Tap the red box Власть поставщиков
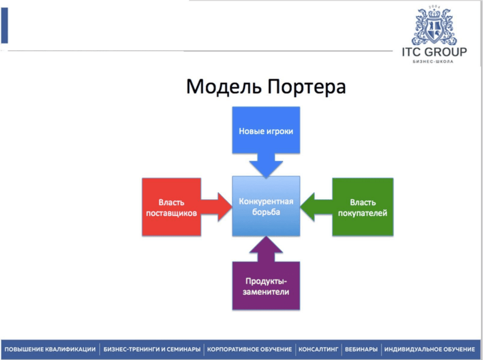(x=171, y=207)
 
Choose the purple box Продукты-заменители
(x=266, y=286)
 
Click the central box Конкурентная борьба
(x=266, y=206)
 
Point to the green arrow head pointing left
(x=310, y=206)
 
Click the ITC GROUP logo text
(x=434, y=53)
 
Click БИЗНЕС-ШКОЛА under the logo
(x=434, y=63)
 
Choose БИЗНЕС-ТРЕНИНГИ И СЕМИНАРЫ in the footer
(x=152, y=349)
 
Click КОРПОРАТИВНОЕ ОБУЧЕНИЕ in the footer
(x=250, y=349)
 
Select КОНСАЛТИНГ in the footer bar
(x=319, y=349)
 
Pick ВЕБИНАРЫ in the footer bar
(x=361, y=349)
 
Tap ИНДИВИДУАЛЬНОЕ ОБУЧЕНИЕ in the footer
(x=429, y=349)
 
